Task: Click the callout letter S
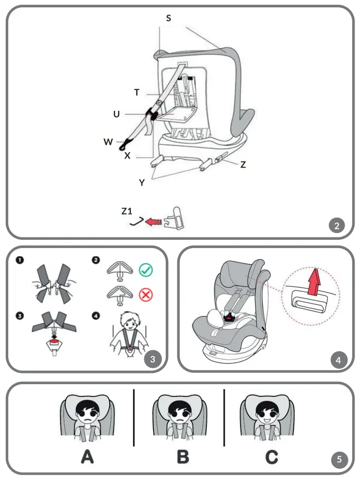coord(169,18)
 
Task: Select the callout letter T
coord(137,91)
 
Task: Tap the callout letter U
coord(117,114)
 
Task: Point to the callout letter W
coord(108,142)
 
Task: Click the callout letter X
coord(127,156)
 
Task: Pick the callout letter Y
coord(142,182)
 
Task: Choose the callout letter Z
coord(243,164)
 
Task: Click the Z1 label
coord(127,211)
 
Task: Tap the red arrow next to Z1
coord(154,222)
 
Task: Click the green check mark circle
coord(146,269)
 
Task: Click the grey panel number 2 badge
coord(336,225)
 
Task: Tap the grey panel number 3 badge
coord(153,359)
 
